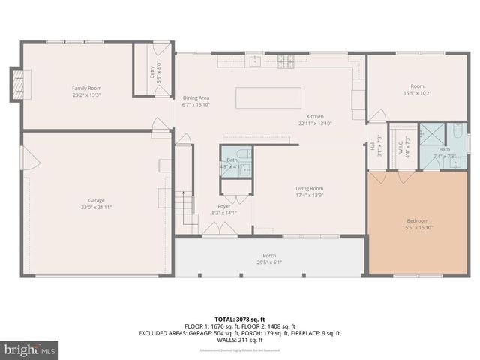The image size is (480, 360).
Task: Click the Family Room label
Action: point(86,88)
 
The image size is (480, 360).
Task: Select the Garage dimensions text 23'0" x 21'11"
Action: point(96,207)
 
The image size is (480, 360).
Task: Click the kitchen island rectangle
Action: point(269,98)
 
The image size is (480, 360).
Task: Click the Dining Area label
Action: point(196,98)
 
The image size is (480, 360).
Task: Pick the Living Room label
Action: point(309,188)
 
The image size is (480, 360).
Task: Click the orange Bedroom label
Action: point(417,220)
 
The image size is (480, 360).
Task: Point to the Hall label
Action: point(373,145)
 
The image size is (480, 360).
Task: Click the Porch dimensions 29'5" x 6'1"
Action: point(268,262)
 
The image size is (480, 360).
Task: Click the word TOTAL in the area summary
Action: point(226,318)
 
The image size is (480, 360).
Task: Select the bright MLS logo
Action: point(30,349)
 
